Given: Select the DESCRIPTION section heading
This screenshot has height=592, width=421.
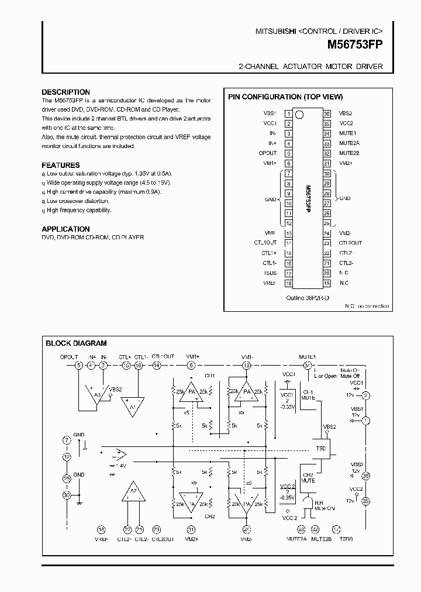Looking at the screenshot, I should [66, 92].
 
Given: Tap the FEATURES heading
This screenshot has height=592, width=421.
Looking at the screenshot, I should [61, 165].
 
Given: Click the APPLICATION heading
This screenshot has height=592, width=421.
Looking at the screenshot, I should [66, 229].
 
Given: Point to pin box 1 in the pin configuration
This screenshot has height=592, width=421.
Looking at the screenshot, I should [288, 113].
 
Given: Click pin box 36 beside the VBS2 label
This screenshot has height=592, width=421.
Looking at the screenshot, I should [327, 113].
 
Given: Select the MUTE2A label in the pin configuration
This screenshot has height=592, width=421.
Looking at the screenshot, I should [349, 143].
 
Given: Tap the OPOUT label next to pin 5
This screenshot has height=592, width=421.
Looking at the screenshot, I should [267, 153].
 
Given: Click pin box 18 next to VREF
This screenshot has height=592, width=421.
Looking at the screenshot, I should [288, 283].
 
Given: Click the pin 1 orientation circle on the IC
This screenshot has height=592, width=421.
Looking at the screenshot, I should [299, 114].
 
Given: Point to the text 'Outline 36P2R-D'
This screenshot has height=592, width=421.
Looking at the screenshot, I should [308, 298].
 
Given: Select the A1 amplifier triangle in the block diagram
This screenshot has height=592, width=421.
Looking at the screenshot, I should [132, 405].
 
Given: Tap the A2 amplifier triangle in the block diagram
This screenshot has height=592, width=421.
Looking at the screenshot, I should [133, 493].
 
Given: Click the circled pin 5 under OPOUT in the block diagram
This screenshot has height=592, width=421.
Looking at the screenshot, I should [79, 366].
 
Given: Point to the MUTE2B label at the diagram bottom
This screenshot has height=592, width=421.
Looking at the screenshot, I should [322, 538].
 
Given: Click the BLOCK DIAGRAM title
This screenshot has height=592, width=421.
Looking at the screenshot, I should [77, 343].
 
